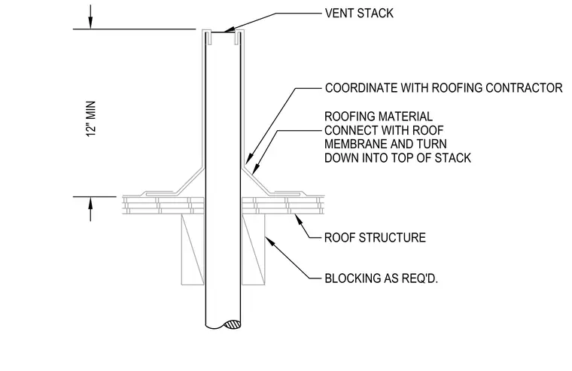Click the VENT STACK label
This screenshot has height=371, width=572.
[x=359, y=13]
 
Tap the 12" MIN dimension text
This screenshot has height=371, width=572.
[x=91, y=119]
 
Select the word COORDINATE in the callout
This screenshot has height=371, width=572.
[x=361, y=88]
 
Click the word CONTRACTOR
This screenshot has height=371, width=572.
[x=525, y=88]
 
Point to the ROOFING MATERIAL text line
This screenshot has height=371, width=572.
[x=379, y=117]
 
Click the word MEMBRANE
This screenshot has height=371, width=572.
[x=356, y=144]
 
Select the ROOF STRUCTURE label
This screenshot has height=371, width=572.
[x=375, y=238]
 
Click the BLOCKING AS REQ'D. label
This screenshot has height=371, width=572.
[x=382, y=278]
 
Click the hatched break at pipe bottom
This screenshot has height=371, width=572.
[x=232, y=324]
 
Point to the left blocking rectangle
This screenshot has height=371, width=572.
[x=193, y=249]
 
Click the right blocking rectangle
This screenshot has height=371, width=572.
[x=253, y=249]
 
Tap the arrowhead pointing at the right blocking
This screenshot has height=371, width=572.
[x=269, y=241]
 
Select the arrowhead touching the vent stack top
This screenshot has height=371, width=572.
[x=228, y=30]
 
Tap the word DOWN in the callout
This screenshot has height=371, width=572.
[x=342, y=158]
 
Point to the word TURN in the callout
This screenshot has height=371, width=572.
[x=431, y=144]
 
